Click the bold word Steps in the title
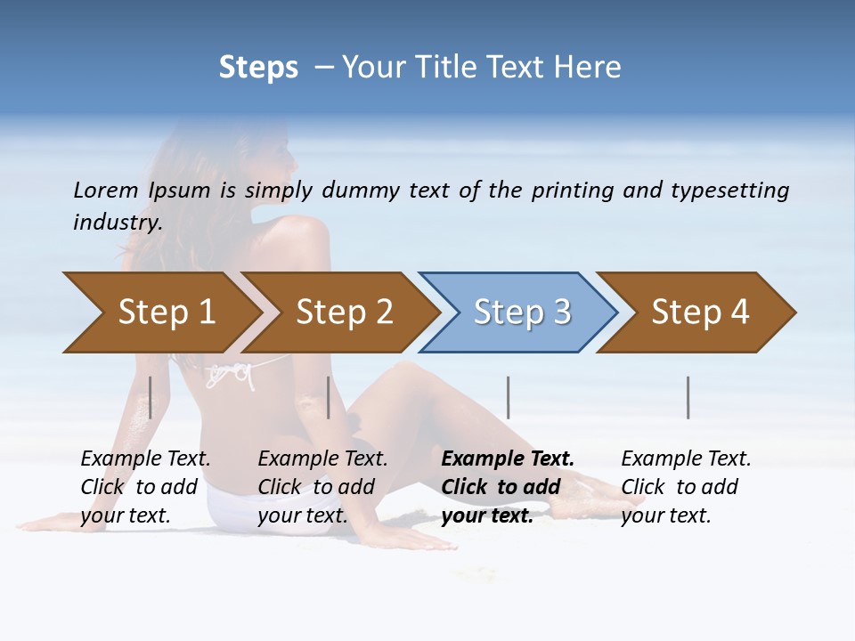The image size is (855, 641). point(258,68)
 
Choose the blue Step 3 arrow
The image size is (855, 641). point(522,312)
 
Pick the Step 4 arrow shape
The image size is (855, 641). point(700,312)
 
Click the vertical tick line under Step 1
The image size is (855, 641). point(151,397)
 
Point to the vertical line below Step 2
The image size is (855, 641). point(329,397)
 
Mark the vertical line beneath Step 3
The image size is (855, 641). point(508,397)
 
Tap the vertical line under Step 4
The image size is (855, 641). point(688,397)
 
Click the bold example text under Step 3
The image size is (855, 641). point(508,487)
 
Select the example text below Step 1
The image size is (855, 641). point(145,487)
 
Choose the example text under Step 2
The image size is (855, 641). point(322,487)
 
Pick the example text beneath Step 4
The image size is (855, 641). point(686,487)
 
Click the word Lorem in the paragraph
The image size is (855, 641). point(106,191)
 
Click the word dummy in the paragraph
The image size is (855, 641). point(361,191)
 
